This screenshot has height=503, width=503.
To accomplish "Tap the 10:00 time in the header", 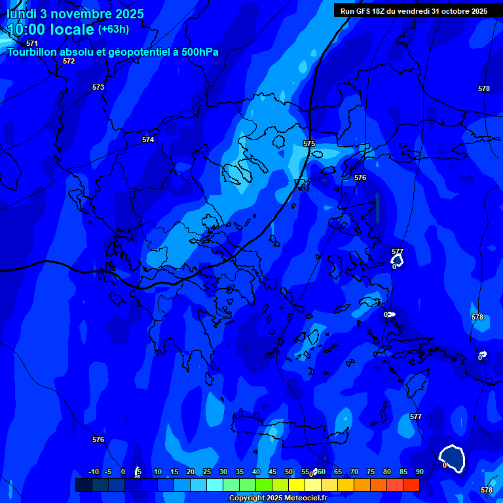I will tap(29, 29).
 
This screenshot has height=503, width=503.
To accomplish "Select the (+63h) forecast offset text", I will tap(113, 29).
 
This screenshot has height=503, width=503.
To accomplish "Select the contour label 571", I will tap(32, 43).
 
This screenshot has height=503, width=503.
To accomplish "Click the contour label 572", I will tap(69, 61).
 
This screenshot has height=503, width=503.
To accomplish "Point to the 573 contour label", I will tap(98, 87).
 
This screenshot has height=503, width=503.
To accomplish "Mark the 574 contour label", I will tap(148, 140).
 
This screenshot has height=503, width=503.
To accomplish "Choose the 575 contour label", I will tap(309, 143).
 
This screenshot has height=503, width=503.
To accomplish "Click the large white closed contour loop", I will tap(453, 458).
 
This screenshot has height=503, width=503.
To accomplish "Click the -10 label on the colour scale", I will tap(94, 472).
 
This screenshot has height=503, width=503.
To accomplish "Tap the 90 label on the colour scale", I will tap(419, 472).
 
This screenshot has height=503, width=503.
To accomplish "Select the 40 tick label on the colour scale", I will tap(255, 472).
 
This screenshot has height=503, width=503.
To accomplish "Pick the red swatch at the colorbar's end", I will tap(411, 485).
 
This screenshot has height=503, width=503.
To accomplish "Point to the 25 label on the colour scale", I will tap(206, 472).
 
